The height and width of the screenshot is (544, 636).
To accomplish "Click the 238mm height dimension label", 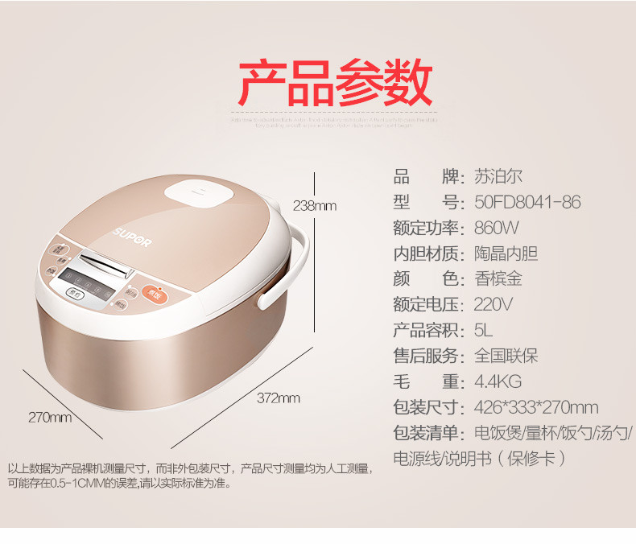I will (314, 205).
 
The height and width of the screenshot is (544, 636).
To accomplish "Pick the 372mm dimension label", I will (279, 398).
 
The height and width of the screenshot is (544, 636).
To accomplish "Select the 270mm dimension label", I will (50, 417).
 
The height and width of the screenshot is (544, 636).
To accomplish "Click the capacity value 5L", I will (483, 331).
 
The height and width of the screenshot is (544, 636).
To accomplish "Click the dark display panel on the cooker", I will (91, 282).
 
